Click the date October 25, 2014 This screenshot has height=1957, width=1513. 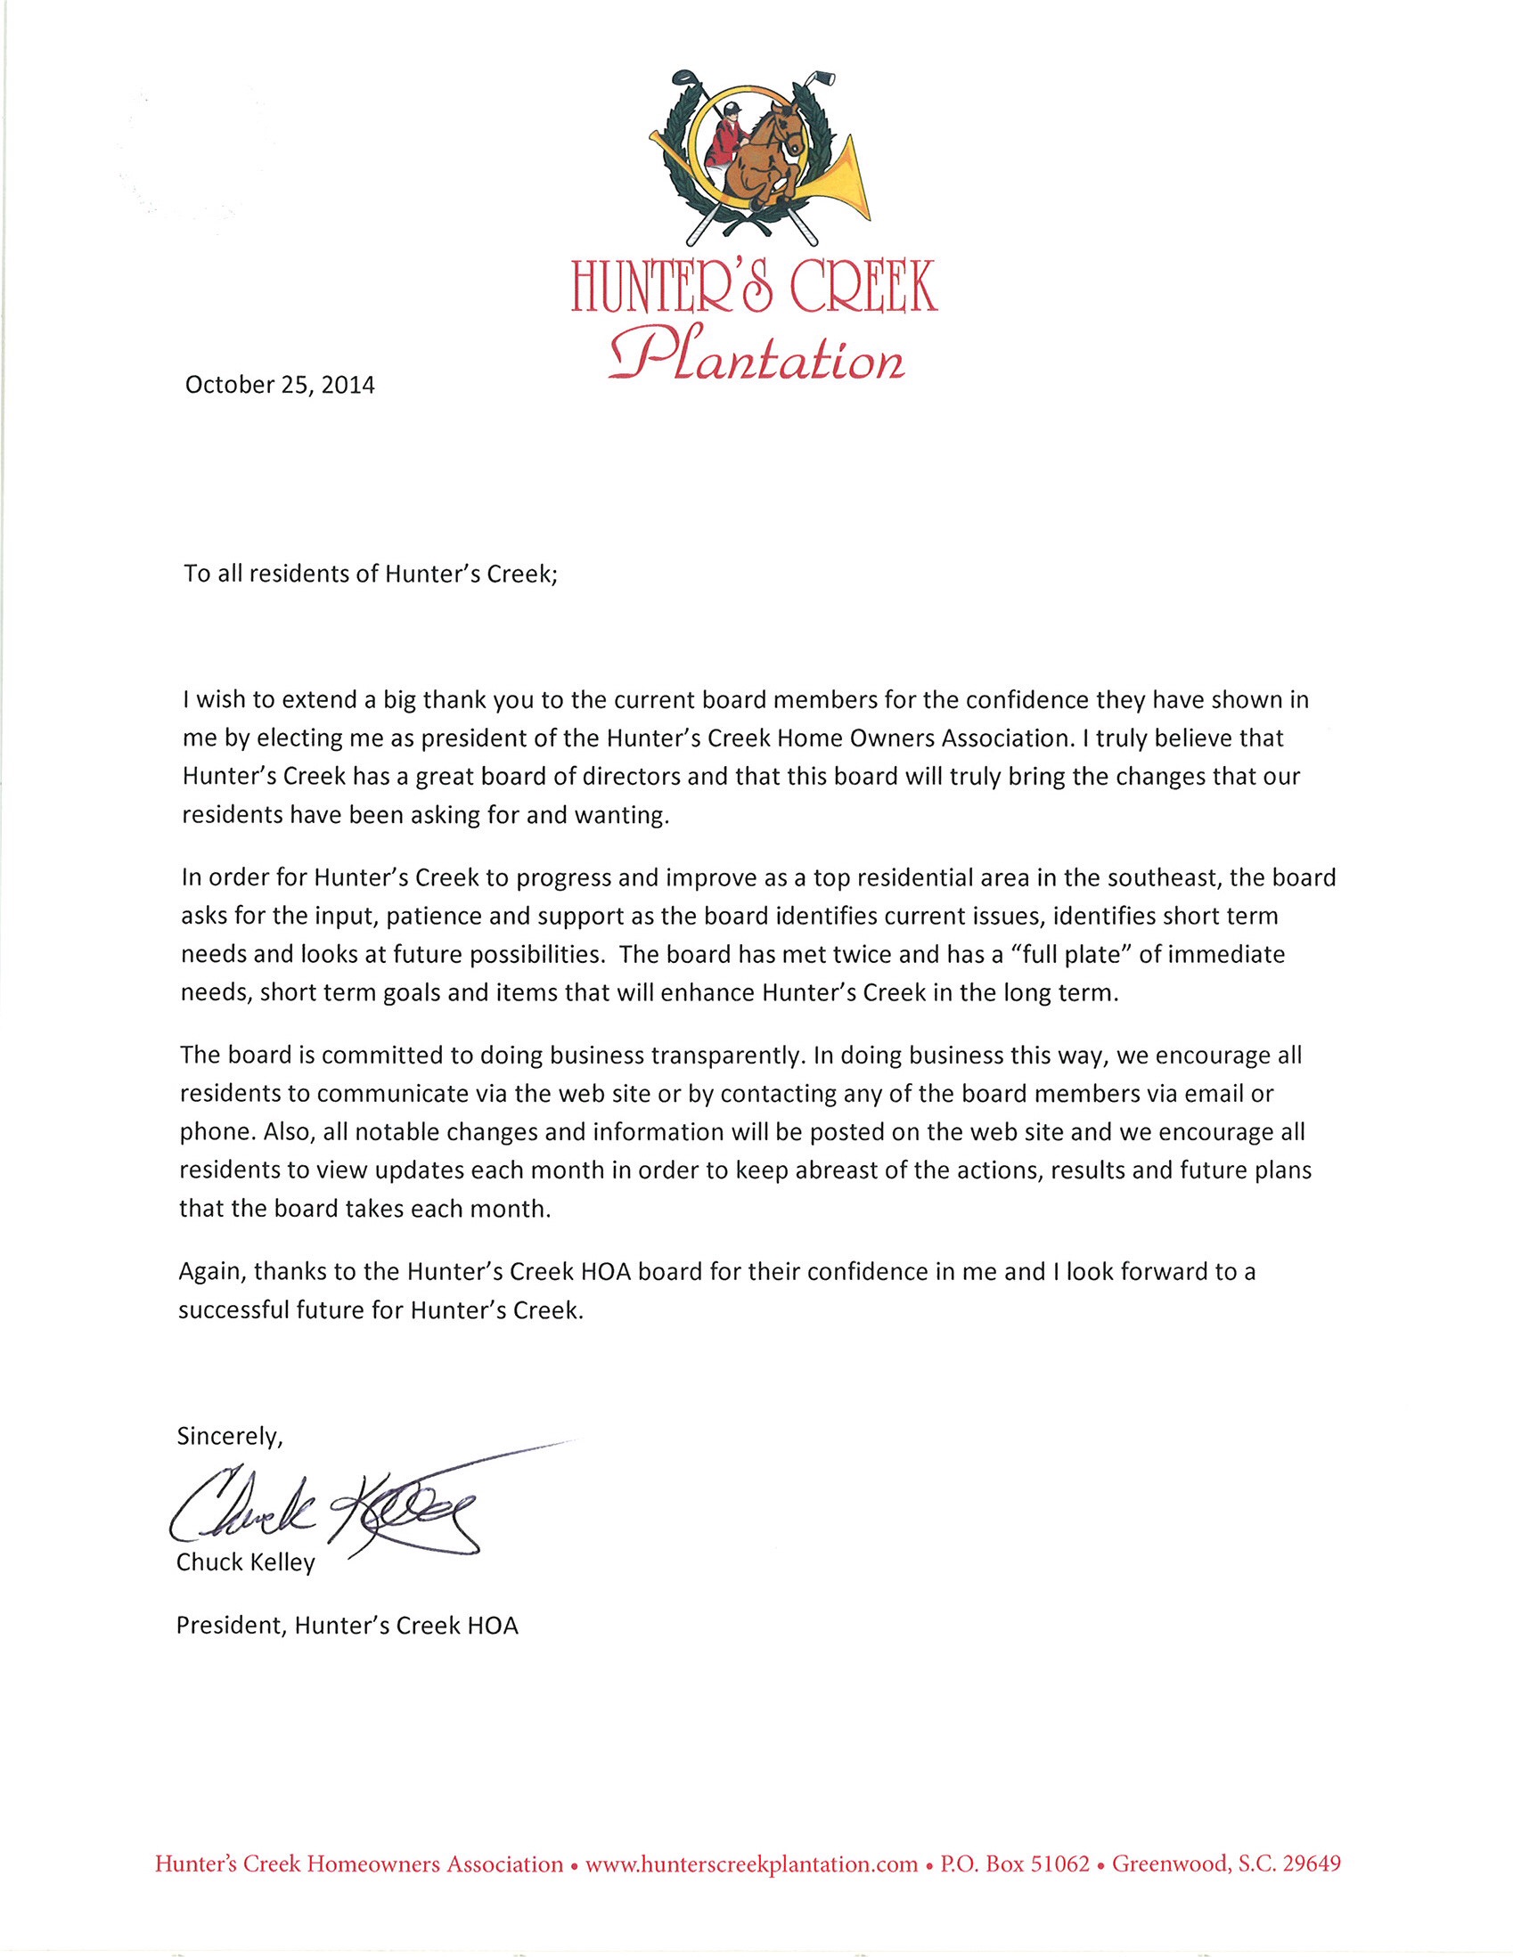[x=280, y=386]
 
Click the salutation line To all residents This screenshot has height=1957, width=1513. [x=371, y=575]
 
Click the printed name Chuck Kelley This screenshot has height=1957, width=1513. [x=246, y=1562]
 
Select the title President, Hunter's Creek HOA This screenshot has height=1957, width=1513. [x=348, y=1627]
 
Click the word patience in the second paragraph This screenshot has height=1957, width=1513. [x=424, y=916]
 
